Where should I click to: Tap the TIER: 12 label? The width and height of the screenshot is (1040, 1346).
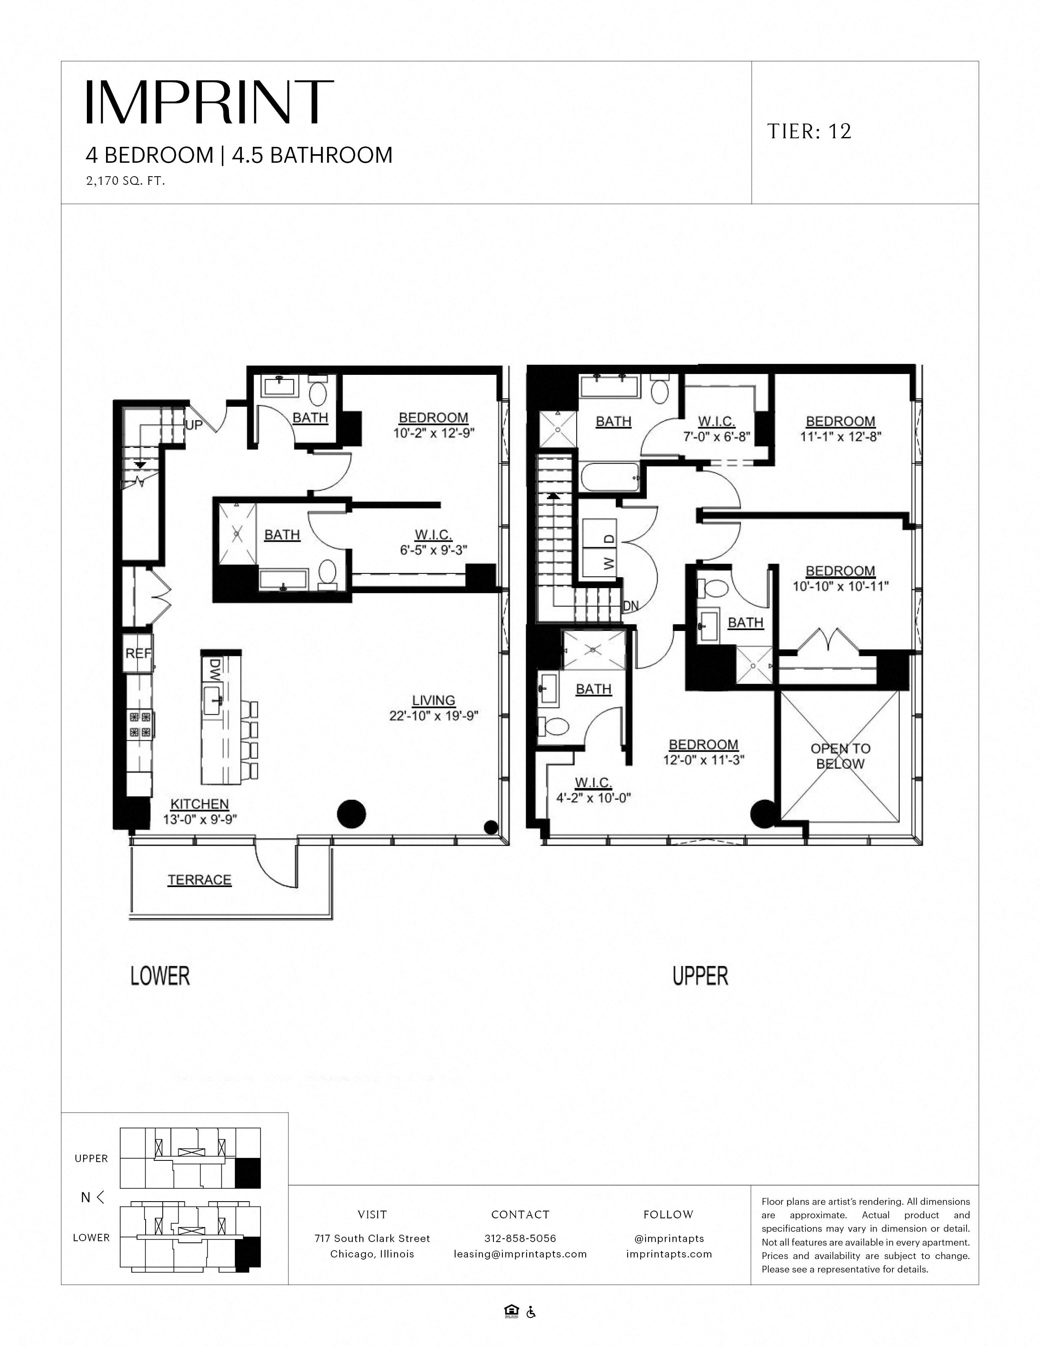pos(809,131)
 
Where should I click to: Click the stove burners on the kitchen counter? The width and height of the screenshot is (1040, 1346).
pos(140,724)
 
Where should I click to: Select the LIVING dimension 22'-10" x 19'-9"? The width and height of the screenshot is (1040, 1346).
pos(434,715)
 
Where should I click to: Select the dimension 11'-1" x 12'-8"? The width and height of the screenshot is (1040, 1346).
pos(841,436)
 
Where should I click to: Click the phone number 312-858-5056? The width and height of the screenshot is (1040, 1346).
pos(520,1238)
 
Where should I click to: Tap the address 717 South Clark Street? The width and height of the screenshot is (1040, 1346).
pos(372,1238)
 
